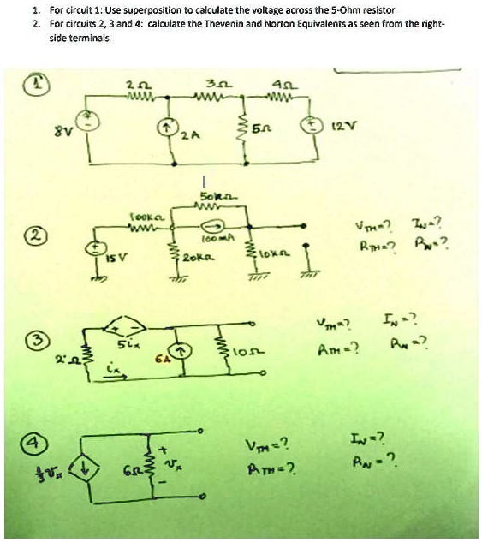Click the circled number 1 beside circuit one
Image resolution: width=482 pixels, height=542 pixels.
point(40,84)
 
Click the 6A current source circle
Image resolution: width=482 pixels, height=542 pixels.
point(181,350)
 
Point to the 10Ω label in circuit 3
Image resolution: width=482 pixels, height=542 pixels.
point(245,353)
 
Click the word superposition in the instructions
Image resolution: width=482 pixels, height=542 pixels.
point(125,9)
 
